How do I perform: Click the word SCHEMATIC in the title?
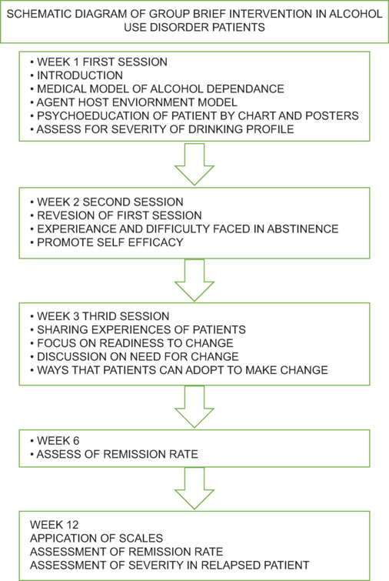(38, 14)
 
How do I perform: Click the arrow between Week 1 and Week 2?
(194, 164)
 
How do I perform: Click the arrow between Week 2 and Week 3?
(194, 280)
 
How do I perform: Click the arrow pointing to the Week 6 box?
(194, 407)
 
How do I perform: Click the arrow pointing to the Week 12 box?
(194, 489)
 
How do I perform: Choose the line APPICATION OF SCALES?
(97, 539)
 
